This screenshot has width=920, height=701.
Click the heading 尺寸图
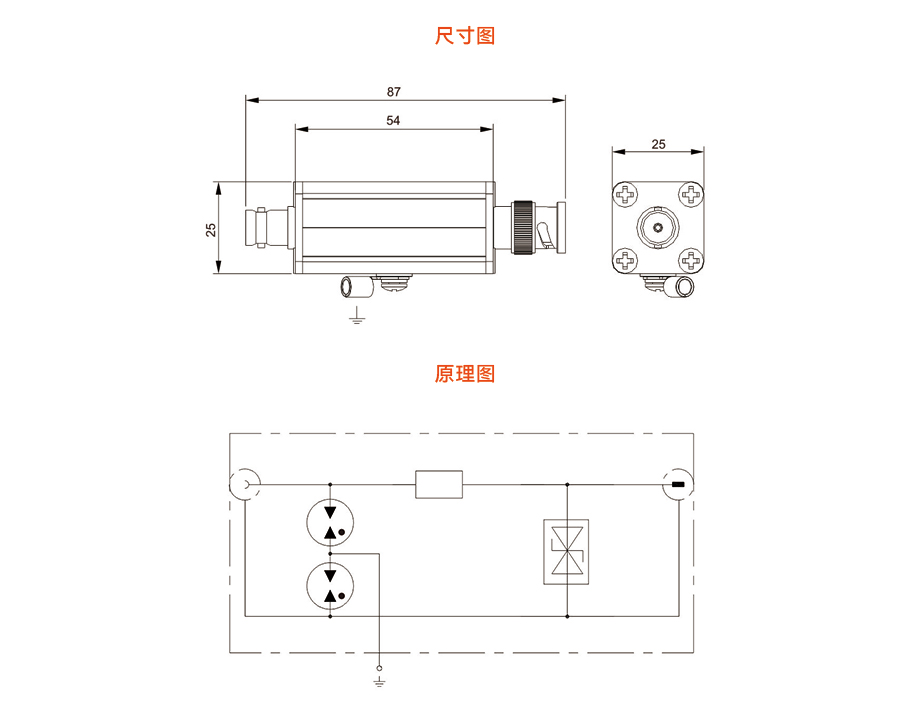coord(465,37)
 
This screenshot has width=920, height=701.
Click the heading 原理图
coord(465,375)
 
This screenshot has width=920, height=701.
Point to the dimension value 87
coord(394,91)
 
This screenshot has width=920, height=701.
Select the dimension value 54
coord(394,120)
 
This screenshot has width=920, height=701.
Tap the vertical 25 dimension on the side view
coord(210,228)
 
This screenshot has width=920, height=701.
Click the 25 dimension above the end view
coord(658,144)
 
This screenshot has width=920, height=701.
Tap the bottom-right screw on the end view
coord(691,261)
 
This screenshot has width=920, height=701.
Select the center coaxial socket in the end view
coord(658,227)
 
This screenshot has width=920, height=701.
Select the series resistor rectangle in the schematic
coord(440,485)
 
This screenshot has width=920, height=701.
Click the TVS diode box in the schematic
coord(567,550)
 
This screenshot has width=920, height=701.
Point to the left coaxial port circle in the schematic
coord(246,485)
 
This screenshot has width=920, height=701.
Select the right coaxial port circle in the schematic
coord(679,485)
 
